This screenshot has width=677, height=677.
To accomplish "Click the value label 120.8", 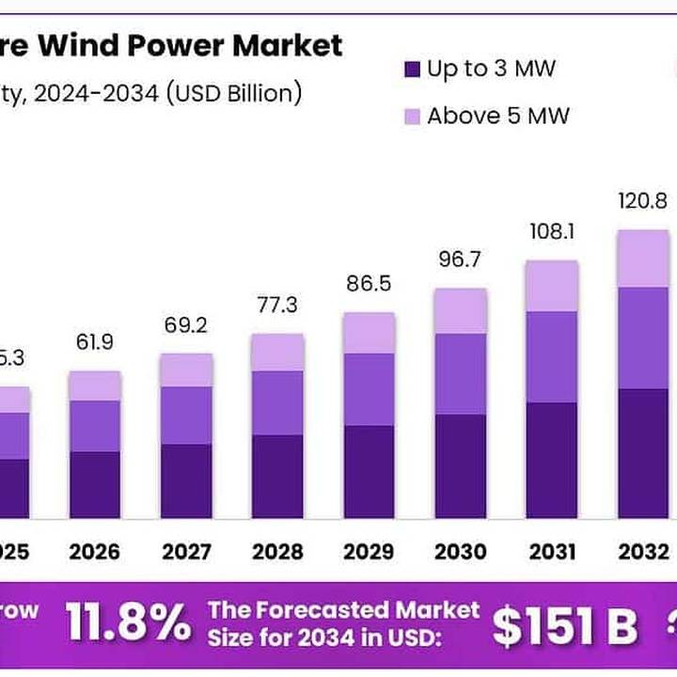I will pyautogui.click(x=642, y=200).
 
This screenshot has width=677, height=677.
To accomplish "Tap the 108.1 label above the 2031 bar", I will pyautogui.click(x=551, y=230).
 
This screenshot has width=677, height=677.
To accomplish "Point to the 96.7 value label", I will pyautogui.click(x=460, y=259).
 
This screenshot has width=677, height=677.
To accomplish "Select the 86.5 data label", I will pyautogui.click(x=369, y=284).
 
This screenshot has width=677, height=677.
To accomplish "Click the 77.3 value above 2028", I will pyautogui.click(x=277, y=305).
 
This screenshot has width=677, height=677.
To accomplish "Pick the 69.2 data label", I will pyautogui.click(x=185, y=326).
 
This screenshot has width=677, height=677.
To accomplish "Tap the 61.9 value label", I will pyautogui.click(x=95, y=342).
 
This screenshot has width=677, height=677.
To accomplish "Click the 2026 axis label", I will pyautogui.click(x=95, y=551).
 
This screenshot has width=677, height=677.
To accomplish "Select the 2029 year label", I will pyautogui.click(x=369, y=551).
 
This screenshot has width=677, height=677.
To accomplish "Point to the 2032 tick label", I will pyautogui.click(x=642, y=551).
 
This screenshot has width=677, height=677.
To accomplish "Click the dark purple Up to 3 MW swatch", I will pyautogui.click(x=411, y=70).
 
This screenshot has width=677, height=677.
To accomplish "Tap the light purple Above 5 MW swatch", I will pyautogui.click(x=411, y=117).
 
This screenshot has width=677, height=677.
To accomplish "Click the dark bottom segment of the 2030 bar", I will pyautogui.click(x=460, y=466).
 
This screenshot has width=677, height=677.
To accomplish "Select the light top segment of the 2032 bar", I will pyautogui.click(x=642, y=259).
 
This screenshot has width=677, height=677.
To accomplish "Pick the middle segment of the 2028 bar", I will pyautogui.click(x=277, y=402).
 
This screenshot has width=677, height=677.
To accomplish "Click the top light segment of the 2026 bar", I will pyautogui.click(x=95, y=386).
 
